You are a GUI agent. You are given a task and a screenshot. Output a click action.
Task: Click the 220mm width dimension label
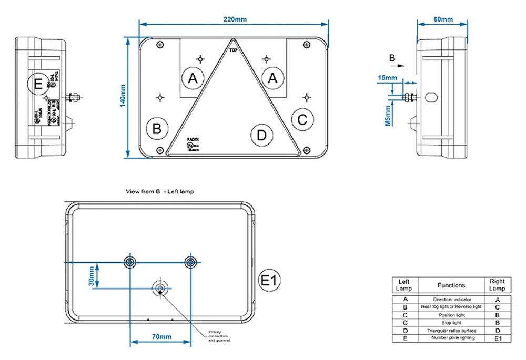(235, 19)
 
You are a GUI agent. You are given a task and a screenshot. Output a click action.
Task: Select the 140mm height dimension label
(123, 96)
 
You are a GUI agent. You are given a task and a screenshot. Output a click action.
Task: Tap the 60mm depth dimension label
(443, 19)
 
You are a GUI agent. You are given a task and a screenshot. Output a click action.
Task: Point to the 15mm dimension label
(387, 78)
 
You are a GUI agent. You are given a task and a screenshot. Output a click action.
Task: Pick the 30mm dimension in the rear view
(92, 275)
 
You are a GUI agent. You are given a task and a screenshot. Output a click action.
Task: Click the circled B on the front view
(158, 128)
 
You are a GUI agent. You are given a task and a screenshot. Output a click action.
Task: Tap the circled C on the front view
(302, 120)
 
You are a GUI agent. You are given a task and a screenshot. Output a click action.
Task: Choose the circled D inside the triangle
(261, 135)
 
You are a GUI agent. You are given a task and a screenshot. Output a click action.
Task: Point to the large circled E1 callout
(269, 281)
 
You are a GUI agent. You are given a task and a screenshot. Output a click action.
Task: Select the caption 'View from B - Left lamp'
(159, 191)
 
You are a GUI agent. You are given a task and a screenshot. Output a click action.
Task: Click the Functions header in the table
(451, 285)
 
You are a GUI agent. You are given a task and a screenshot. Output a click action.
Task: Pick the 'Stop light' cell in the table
(451, 322)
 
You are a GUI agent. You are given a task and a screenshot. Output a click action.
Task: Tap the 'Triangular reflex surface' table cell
(451, 330)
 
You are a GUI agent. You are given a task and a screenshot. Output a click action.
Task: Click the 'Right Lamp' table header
(497, 285)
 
